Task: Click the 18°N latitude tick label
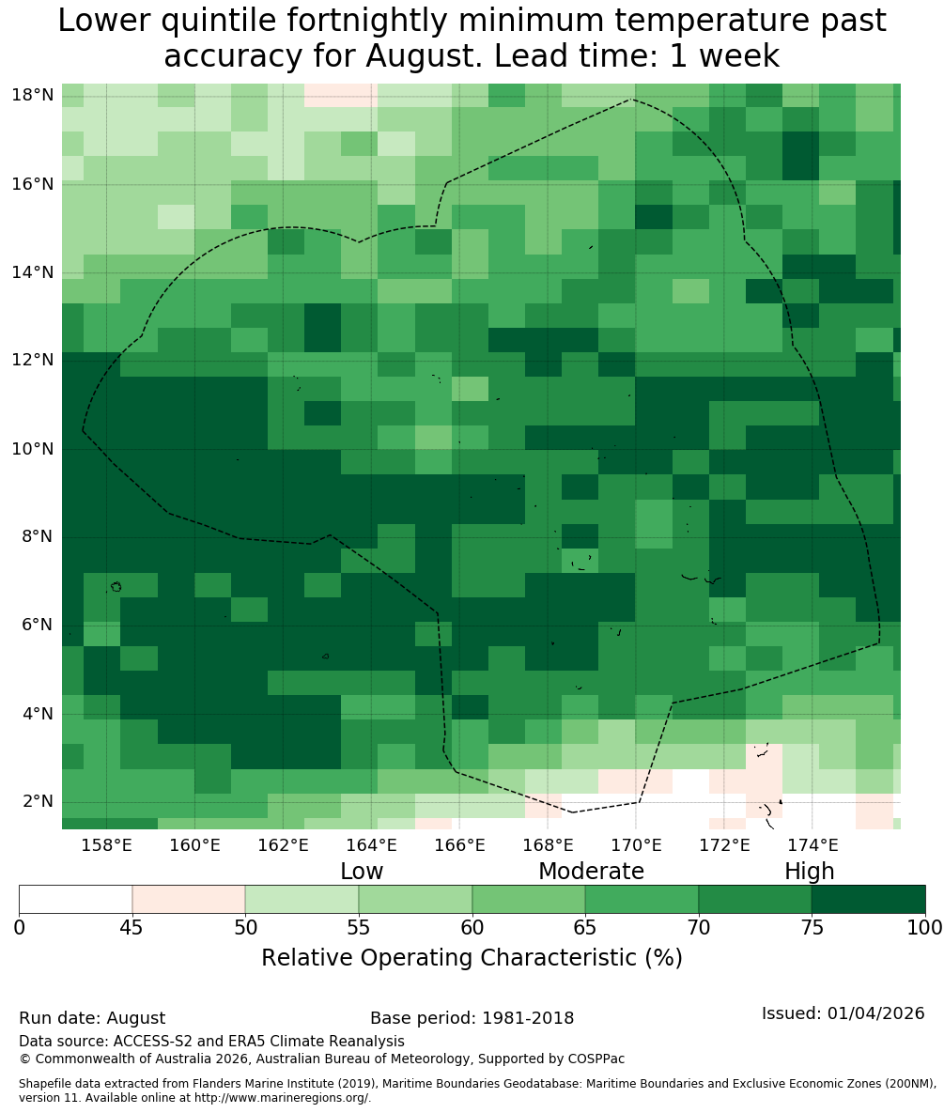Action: point(33,95)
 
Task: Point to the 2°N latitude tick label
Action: point(38,801)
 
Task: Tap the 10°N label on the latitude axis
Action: point(33,449)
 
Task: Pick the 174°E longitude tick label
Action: point(812,844)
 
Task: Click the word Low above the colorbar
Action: point(362,871)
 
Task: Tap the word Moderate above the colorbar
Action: point(591,871)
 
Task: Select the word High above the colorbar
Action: point(809,872)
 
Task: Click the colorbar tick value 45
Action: point(132,928)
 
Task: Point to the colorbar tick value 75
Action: point(812,928)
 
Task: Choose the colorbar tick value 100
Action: point(925,928)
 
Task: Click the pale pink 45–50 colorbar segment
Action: point(189,900)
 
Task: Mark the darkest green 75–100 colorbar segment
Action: point(868,900)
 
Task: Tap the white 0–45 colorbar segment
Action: point(76,900)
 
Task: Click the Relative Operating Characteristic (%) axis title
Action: point(472,958)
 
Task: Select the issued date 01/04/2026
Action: point(875,1013)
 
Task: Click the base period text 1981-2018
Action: point(528,1018)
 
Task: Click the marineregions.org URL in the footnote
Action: point(282,1098)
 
